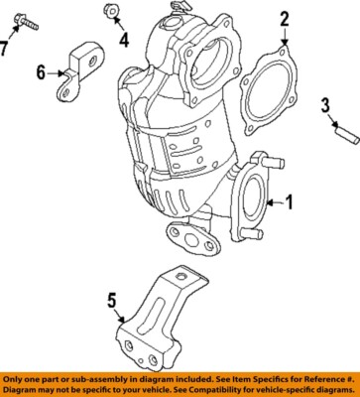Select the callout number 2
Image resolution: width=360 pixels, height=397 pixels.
[283, 18]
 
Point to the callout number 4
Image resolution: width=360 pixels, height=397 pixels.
[124, 40]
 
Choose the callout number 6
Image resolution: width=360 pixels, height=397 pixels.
[42, 71]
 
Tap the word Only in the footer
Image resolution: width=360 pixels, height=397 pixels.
[18, 380]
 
